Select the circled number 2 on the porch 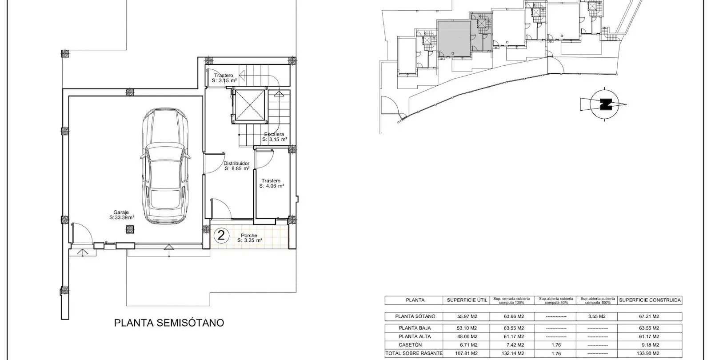pos(221,235)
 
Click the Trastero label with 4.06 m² pos(272,183)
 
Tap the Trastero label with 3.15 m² pos(224,78)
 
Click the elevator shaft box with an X pos(250,106)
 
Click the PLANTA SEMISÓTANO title pos(169,323)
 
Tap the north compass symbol pos(604,104)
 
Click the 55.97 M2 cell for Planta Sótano pos(467,316)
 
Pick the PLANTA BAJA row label pos(415,328)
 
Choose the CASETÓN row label pos(415,345)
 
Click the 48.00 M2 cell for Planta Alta pos(467,336)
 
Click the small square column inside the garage pos(129,229)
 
